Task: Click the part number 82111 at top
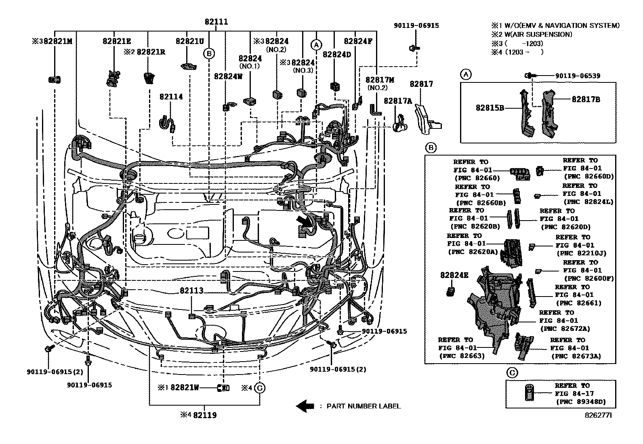[216, 22]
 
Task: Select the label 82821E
[116, 41]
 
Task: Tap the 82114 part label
[171, 97]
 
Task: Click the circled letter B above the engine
[209, 53]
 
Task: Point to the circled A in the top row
[316, 44]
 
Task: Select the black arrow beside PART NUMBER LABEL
[305, 406]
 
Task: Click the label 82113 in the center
[191, 291]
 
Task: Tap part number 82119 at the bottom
[204, 415]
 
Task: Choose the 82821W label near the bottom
[185, 388]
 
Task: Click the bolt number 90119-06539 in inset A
[578, 76]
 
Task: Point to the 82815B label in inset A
[490, 108]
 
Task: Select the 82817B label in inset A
[585, 99]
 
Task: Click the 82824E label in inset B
[454, 275]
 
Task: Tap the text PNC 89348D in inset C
[580, 402]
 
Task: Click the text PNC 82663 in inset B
[462, 356]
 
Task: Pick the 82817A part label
[397, 101]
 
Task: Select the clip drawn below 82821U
[189, 66]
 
